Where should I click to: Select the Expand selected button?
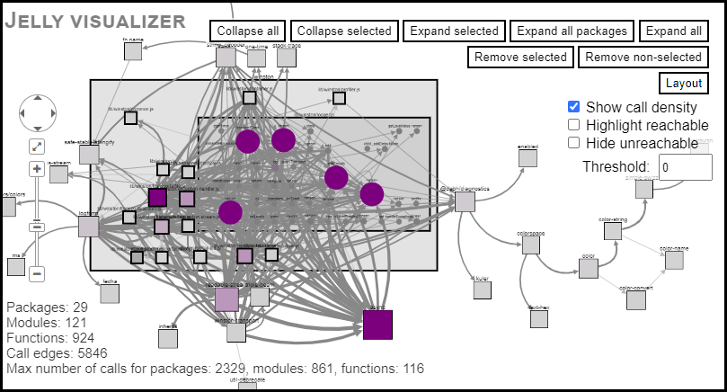point(454,31)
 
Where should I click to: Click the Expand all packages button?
point(572,31)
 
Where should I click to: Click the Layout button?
point(684,84)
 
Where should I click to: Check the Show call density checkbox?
point(574,107)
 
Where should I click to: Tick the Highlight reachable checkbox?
point(574,125)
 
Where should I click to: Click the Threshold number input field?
point(686,166)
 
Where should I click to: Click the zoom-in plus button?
point(37,169)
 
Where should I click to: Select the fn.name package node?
point(133,51)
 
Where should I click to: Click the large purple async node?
point(377,325)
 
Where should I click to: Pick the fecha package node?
point(110,296)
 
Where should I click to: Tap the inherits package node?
point(168,339)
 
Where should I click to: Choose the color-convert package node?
point(635,300)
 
